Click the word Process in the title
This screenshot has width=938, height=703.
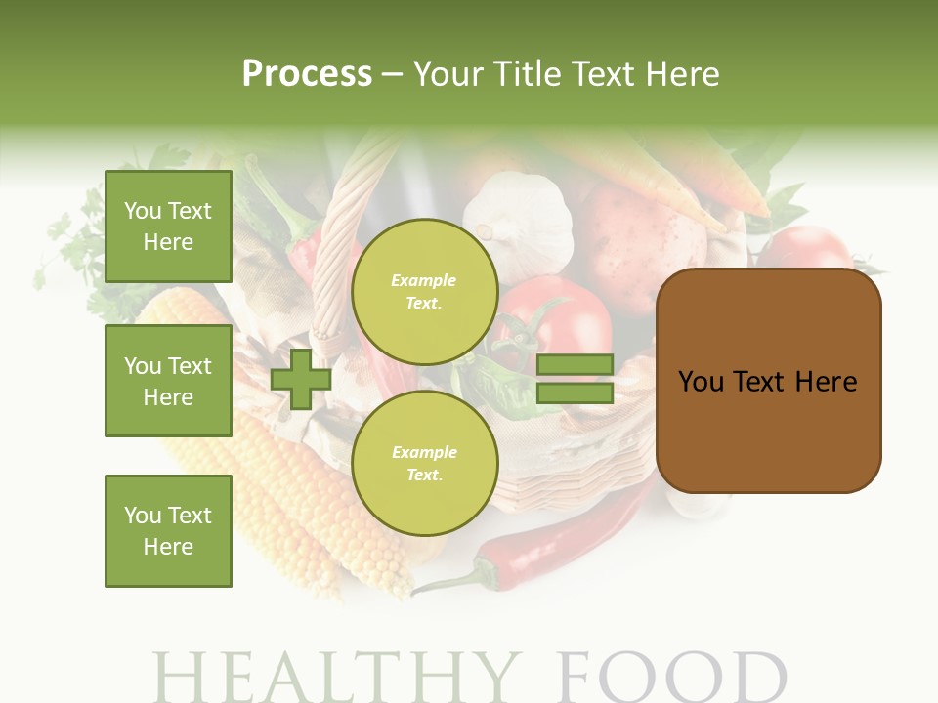(307, 73)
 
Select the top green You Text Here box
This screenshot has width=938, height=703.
(168, 227)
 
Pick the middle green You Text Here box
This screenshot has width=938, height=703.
(168, 381)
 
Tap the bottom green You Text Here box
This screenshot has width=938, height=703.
(168, 530)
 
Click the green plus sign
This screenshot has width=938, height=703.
(301, 380)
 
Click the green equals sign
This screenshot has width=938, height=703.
(575, 380)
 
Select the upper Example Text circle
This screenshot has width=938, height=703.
(424, 292)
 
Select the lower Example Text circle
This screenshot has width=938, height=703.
(424, 464)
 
